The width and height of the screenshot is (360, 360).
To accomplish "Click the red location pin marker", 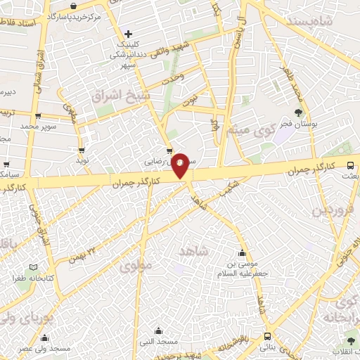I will pyautogui.click(x=181, y=165).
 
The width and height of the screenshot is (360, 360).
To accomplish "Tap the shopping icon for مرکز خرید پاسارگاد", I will pyautogui.click(x=74, y=6).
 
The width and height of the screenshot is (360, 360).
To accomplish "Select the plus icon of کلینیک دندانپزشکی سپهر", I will pyautogui.click(x=128, y=34).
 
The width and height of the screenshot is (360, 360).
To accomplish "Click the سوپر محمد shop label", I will pyautogui.click(x=37, y=126).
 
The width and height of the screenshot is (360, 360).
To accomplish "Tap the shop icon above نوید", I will pyautogui.click(x=82, y=150).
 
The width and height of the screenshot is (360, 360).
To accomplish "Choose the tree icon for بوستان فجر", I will pyautogui.click(x=298, y=112).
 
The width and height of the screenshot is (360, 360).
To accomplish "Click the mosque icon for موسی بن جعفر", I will pyautogui.click(x=243, y=253).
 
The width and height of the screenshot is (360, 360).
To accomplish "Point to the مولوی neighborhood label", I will pyautogui.click(x=135, y=266).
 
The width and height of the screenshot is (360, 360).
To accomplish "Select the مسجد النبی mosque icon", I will pyautogui.click(x=158, y=331).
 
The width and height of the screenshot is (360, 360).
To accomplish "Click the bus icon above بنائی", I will pyautogui.click(x=267, y=336).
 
